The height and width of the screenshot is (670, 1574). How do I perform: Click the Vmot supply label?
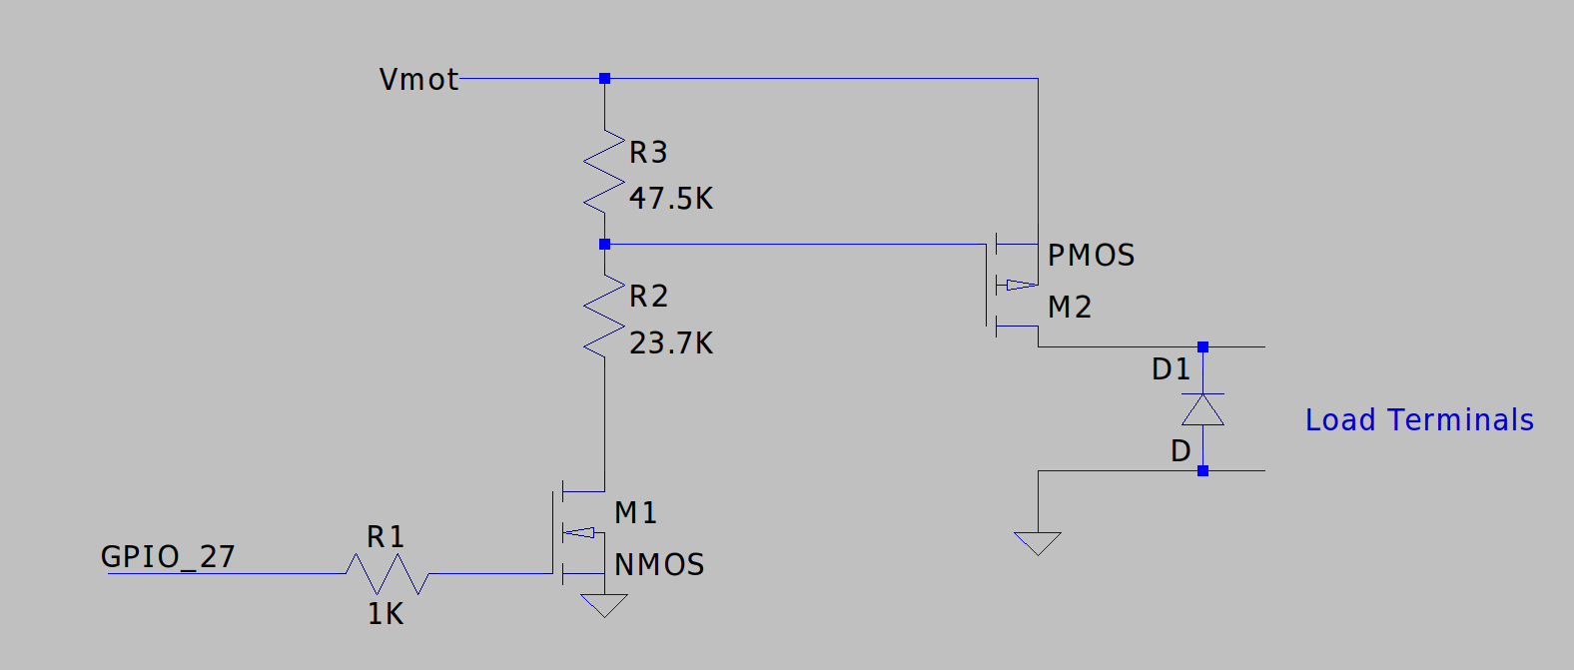(x=418, y=79)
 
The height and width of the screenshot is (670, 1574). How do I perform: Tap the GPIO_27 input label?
(x=168, y=556)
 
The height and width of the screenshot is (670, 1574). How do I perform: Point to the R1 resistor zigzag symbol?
(x=388, y=574)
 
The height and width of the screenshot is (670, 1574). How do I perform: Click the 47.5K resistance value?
(x=671, y=199)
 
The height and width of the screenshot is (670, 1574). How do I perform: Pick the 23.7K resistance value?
(x=671, y=343)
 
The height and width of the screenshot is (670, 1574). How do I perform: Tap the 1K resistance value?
(x=386, y=614)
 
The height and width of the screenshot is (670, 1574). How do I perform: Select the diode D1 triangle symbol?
(x=1202, y=409)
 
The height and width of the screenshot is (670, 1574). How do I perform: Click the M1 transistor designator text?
(x=635, y=513)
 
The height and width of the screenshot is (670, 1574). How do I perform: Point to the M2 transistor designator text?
(x=1070, y=308)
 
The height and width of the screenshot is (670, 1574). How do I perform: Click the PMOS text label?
(x=1091, y=256)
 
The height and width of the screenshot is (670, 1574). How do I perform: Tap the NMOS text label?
(x=659, y=565)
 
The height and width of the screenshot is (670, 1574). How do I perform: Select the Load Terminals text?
(x=1419, y=420)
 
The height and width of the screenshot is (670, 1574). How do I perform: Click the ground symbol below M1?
(x=604, y=605)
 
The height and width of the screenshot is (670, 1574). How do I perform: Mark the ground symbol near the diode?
(x=1038, y=543)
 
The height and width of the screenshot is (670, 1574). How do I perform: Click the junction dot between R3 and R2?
(x=604, y=244)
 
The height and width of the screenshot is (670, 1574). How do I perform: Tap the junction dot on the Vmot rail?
(x=604, y=78)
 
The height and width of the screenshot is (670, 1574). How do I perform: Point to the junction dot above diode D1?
(x=1202, y=346)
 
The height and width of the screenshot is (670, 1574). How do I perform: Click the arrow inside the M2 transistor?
(x=1019, y=285)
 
